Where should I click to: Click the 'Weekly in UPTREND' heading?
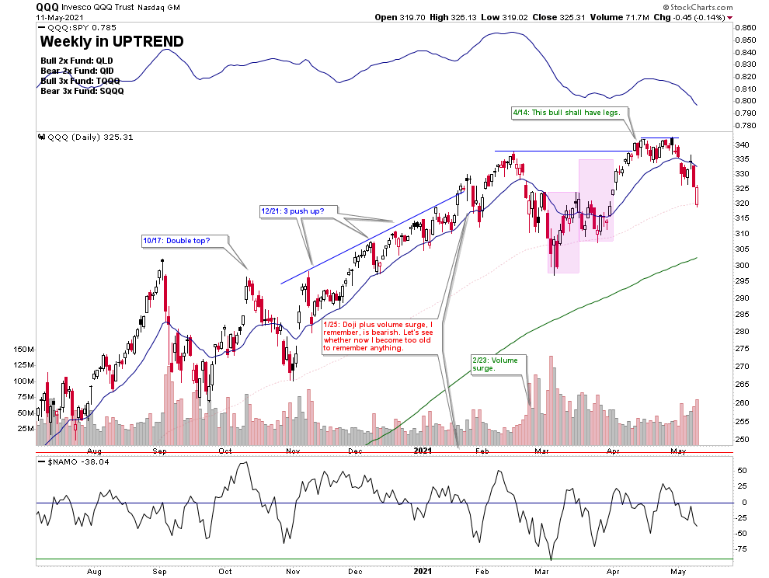coord(111,42)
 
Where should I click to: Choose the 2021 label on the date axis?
coord(422,451)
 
